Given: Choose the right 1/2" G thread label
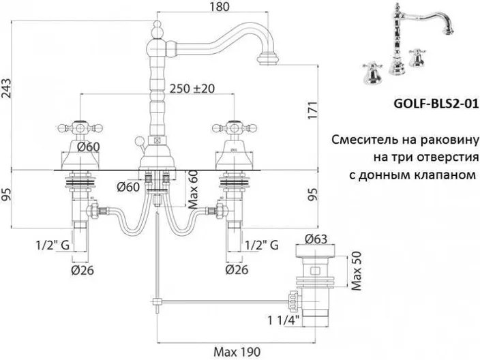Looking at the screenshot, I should click(262, 243).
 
